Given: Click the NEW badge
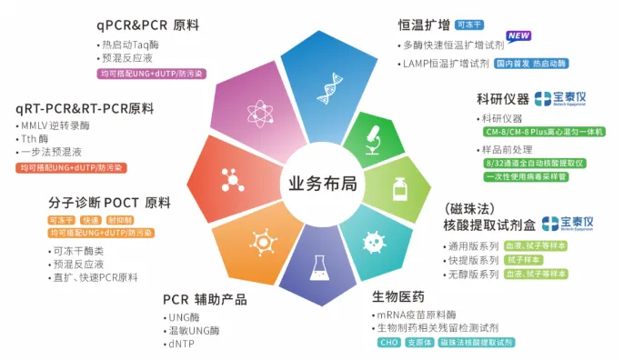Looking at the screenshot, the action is tap(518, 37).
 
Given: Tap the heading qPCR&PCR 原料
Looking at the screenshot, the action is tap(147, 25).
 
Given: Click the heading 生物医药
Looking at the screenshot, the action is tap(398, 296).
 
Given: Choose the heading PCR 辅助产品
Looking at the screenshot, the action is tap(205, 299).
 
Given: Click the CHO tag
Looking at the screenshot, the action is tap(388, 343).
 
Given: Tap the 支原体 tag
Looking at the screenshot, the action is tap(418, 343).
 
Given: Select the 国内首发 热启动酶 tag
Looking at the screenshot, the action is tap(531, 64).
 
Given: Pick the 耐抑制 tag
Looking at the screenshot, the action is tap(120, 220).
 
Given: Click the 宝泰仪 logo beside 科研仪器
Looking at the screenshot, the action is tap(556, 98).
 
